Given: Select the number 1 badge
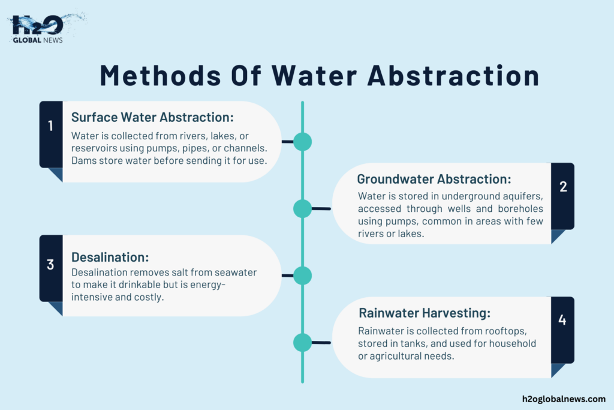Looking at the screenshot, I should [51, 125].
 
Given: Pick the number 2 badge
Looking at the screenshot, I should [562, 187].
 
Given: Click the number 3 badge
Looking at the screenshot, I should [51, 264].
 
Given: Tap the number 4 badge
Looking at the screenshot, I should [562, 320].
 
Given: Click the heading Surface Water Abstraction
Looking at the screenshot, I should [152, 117].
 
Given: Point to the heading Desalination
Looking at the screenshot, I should [110, 257].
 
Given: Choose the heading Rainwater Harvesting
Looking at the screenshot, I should [425, 313].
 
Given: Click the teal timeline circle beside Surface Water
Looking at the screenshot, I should [302, 142].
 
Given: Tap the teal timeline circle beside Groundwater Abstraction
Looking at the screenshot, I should [302, 208].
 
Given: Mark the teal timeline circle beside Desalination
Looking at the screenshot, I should [302, 276].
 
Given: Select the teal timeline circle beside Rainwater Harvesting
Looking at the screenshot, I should [302, 342].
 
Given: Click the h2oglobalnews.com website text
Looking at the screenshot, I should [564, 399].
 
